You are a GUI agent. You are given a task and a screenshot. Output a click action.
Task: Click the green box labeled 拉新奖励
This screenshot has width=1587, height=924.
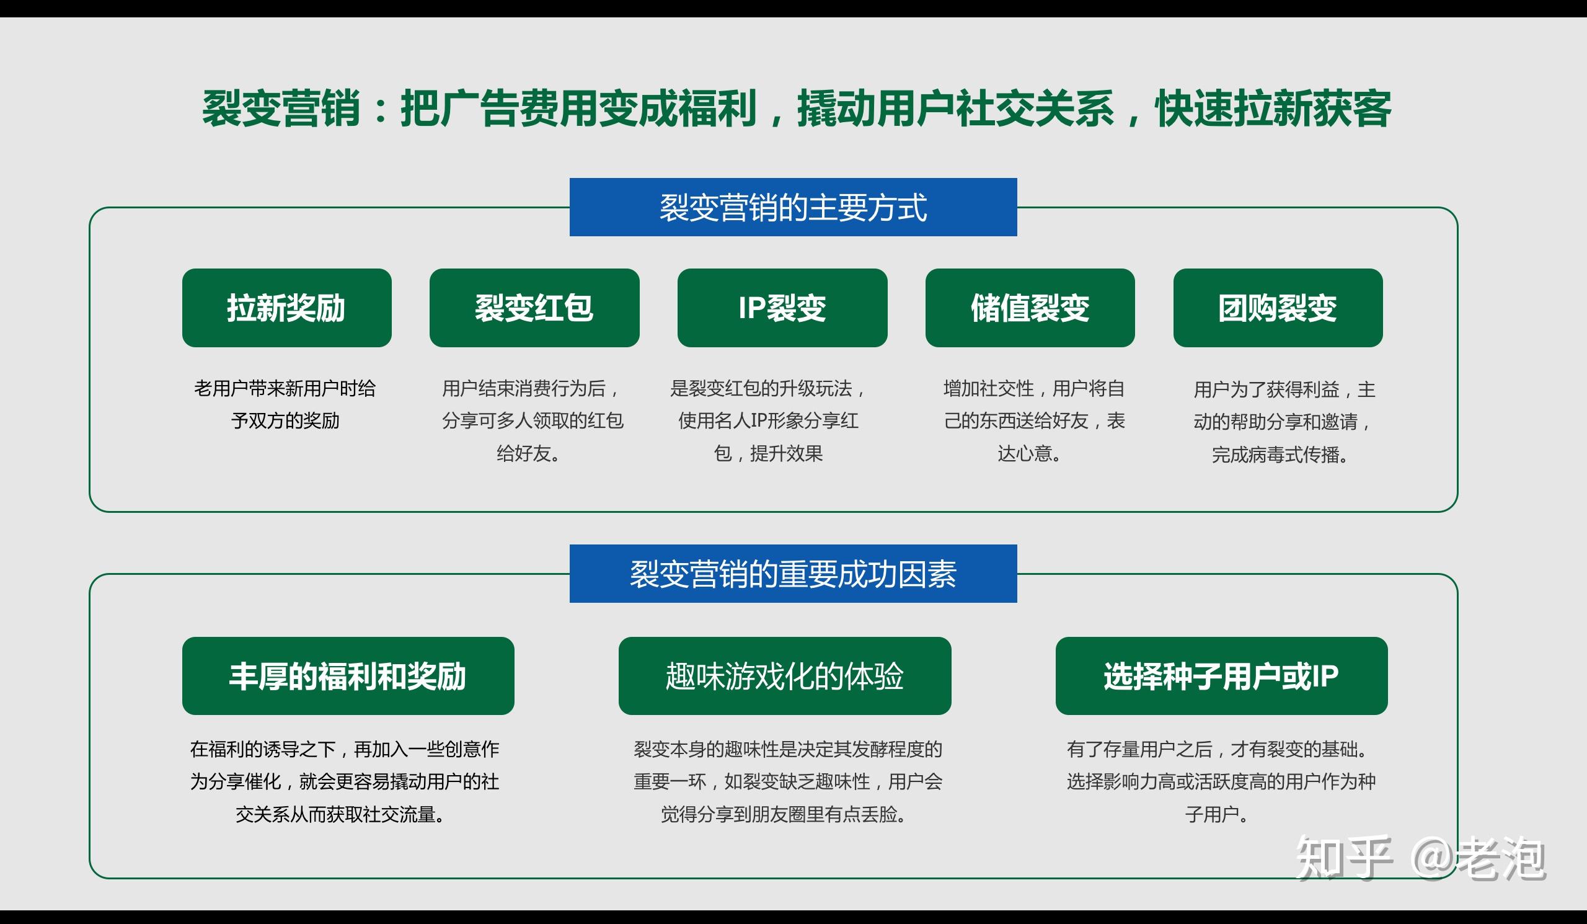[286, 308]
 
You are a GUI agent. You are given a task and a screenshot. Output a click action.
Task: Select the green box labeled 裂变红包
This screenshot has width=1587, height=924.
[534, 308]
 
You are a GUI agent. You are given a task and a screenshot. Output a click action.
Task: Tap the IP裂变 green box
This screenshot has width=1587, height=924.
[782, 308]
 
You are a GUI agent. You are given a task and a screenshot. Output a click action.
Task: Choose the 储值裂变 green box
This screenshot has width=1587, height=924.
[1030, 308]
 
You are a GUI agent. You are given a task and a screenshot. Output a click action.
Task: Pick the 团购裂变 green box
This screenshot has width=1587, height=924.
[1278, 308]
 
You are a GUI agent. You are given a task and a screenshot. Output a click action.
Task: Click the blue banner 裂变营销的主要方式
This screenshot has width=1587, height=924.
[793, 207]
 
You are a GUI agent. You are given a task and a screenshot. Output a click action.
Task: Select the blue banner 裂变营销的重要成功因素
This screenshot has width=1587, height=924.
[793, 574]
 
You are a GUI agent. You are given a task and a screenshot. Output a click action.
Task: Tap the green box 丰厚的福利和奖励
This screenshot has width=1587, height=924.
[348, 676]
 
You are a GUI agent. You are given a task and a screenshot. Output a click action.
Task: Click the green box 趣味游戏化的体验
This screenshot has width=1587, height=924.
[785, 676]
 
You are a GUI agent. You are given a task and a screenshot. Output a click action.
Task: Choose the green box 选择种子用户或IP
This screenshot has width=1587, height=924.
[1221, 676]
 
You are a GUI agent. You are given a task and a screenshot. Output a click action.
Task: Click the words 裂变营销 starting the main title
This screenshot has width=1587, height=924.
[281, 109]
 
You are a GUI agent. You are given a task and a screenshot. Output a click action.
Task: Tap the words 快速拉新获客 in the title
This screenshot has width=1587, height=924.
[1273, 109]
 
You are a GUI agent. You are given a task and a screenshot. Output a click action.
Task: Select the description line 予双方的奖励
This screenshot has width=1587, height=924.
[285, 420]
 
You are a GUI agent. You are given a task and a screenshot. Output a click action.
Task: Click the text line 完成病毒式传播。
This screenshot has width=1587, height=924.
[1279, 455]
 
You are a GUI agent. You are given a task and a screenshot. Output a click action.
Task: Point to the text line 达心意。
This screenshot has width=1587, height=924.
[1029, 453]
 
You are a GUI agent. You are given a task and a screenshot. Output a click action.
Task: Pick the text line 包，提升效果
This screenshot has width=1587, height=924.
[768, 453]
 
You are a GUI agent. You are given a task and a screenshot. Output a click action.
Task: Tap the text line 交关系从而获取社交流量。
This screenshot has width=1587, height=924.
[341, 814]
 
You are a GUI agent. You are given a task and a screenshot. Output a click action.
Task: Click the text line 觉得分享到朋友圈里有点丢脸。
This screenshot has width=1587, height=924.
[784, 814]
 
